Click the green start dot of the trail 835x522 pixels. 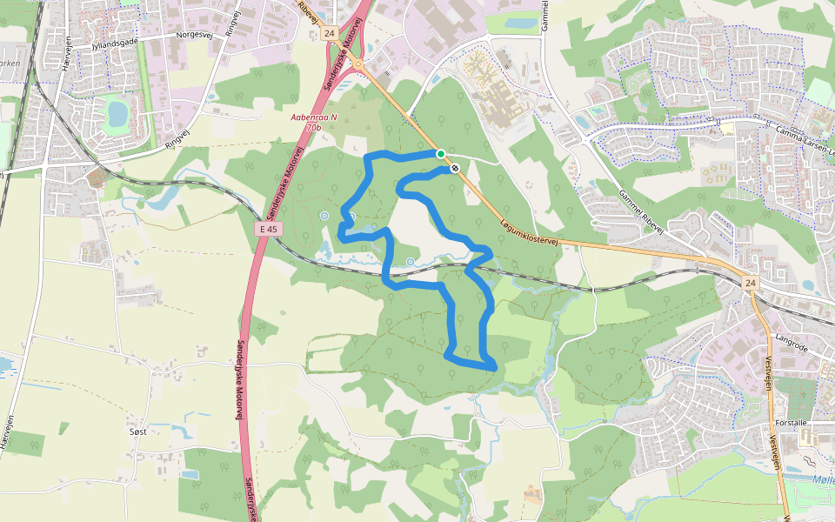click(x=441, y=154)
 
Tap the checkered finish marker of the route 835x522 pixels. click(x=454, y=168)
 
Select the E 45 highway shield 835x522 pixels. click(x=271, y=229)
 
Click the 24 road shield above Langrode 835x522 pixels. click(x=750, y=283)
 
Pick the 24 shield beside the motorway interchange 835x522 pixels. click(x=328, y=33)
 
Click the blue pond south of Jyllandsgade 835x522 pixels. click(x=115, y=113)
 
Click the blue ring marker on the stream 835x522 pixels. click(x=410, y=261)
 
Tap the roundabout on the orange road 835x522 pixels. click(x=357, y=64)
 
